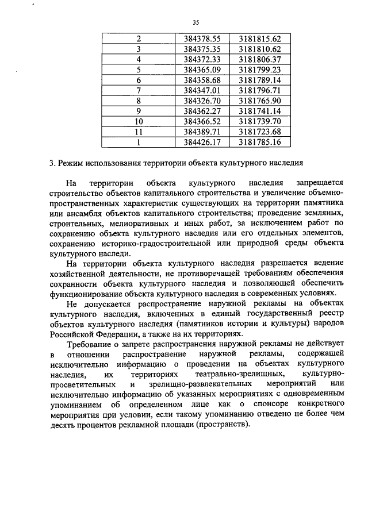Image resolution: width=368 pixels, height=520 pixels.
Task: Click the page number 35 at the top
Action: pyautogui.click(x=196, y=22)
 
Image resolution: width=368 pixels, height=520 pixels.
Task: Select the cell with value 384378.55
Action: pyautogui.click(x=203, y=38)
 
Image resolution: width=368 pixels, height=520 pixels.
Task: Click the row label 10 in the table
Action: pyautogui.click(x=139, y=121)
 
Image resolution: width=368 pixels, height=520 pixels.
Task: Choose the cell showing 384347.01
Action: pyautogui.click(x=203, y=90)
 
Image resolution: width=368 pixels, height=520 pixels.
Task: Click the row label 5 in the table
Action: pyautogui.click(x=139, y=70)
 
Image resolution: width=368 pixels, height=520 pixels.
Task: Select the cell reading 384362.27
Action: pyautogui.click(x=203, y=111)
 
